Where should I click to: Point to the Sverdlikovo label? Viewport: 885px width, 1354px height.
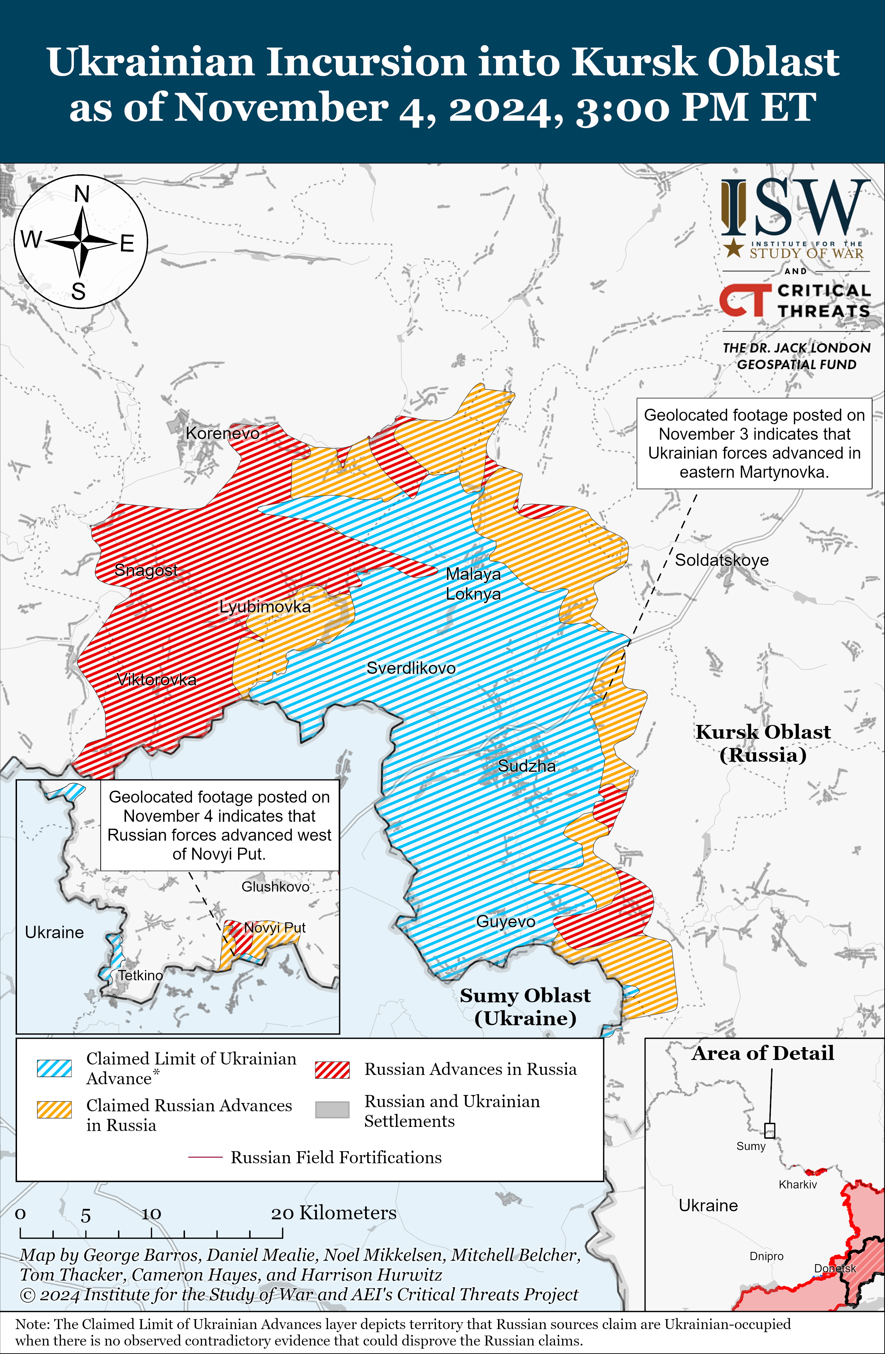(411, 668)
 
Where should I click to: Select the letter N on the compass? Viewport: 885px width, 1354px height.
(82, 194)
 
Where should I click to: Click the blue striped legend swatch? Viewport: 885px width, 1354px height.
(54, 1068)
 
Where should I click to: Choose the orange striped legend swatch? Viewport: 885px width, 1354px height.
(54, 1110)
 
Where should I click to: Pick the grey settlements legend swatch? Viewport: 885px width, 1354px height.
(332, 1110)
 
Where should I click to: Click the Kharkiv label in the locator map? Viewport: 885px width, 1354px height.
(798, 1185)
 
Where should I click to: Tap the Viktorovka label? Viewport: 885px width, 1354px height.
(157, 679)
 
